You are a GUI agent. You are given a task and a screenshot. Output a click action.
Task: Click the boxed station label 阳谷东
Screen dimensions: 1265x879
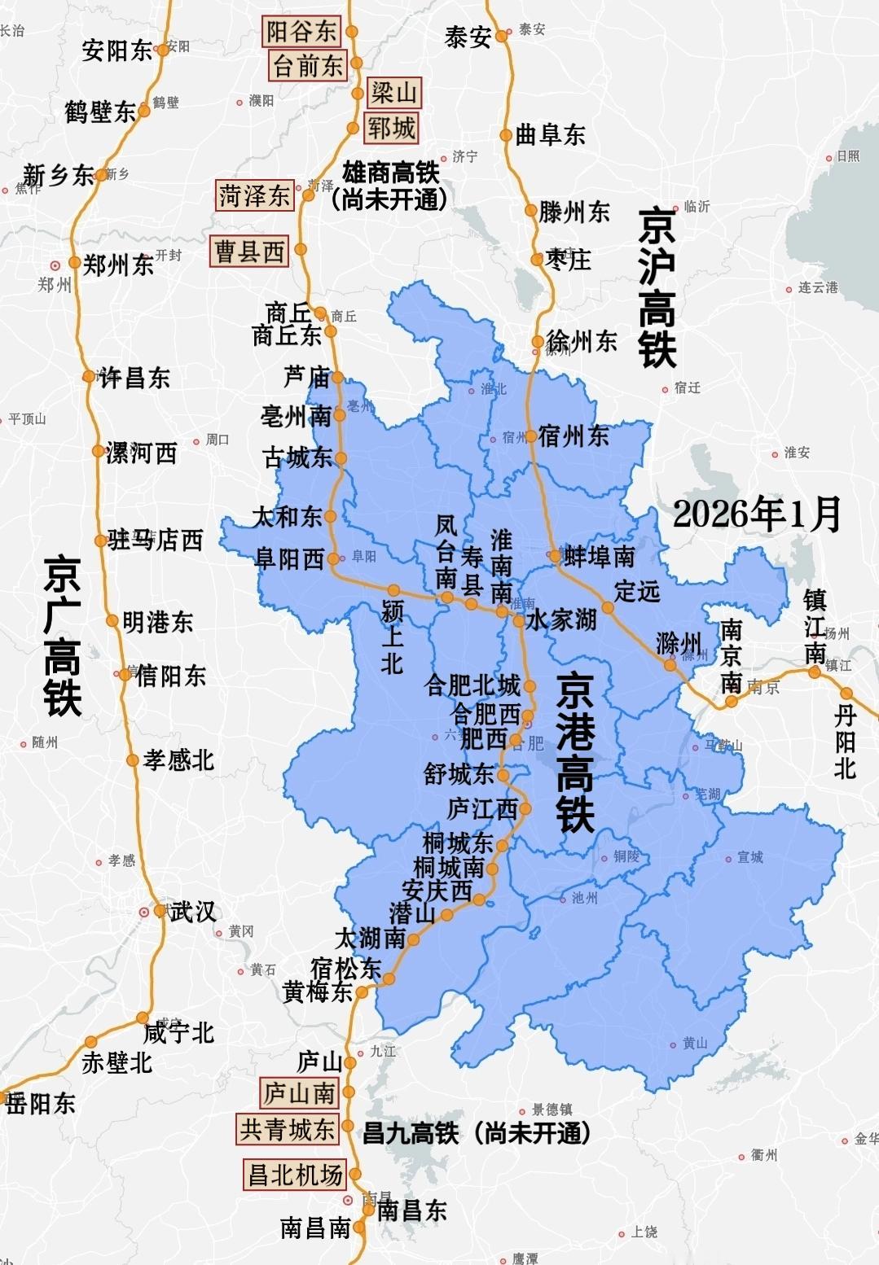pyautogui.click(x=301, y=32)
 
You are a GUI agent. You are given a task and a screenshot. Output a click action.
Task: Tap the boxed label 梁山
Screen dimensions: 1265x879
pyautogui.click(x=394, y=92)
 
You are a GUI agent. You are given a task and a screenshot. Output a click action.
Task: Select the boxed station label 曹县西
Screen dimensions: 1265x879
pyautogui.click(x=250, y=251)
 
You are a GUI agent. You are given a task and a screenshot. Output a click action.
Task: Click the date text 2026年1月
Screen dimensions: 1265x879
pyautogui.click(x=757, y=514)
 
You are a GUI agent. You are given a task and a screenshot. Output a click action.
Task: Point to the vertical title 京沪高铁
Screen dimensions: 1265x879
pyautogui.click(x=657, y=287)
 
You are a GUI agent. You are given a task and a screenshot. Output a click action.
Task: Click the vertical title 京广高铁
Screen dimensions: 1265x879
pyautogui.click(x=63, y=636)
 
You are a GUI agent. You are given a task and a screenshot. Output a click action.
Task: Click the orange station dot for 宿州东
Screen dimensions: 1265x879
pyautogui.click(x=531, y=436)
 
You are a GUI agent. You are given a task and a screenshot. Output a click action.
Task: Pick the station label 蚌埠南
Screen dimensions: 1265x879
pyautogui.click(x=600, y=557)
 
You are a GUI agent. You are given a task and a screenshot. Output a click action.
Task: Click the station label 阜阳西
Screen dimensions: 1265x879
pyautogui.click(x=289, y=559)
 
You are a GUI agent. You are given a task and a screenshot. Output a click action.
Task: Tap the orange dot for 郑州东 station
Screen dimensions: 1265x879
pyautogui.click(x=74, y=262)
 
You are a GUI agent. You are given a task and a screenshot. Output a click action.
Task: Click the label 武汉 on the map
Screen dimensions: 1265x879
pyautogui.click(x=192, y=912)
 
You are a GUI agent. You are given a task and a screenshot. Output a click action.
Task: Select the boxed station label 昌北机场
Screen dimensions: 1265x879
pyautogui.click(x=295, y=1175)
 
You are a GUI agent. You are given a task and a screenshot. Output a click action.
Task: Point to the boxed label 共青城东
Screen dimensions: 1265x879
pyautogui.click(x=287, y=1129)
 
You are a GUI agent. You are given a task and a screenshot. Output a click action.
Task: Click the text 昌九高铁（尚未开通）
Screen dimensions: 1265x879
pyautogui.click(x=476, y=1132)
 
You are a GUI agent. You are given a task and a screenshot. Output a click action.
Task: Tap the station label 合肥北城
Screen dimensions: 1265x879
pyautogui.click(x=472, y=685)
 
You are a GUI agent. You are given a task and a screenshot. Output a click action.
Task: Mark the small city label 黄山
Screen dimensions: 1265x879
pyautogui.click(x=695, y=1044)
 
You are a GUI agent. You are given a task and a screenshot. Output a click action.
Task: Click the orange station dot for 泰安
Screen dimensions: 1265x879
pyautogui.click(x=502, y=35)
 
